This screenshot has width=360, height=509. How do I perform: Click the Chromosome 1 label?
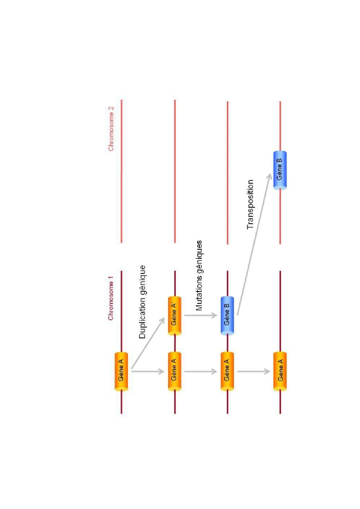111,298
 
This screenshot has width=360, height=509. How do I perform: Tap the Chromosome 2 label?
111,129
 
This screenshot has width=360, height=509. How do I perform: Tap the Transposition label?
250,205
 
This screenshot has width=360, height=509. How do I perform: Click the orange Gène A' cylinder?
174,316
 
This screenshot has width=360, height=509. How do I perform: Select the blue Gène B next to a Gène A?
227,316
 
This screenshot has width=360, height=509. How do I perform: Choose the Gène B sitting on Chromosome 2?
280,170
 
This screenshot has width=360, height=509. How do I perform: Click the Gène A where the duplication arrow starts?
121,371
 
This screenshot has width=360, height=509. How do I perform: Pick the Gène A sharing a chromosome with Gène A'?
174,371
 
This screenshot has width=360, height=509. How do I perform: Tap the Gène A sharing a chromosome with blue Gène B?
227,371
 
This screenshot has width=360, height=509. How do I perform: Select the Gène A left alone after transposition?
280,371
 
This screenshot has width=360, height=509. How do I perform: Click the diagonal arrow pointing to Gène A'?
147,344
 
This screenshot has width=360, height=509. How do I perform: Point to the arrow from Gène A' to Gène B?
201,315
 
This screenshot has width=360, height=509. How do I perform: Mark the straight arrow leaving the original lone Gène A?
147,371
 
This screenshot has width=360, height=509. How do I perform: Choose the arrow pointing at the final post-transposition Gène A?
253,371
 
